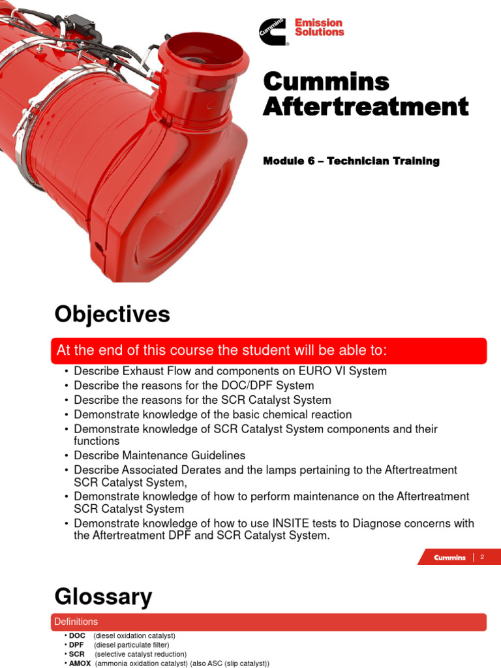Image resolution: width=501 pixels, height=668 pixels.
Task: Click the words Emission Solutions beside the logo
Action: click(x=319, y=27)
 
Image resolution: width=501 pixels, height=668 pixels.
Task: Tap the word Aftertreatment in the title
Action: click(x=365, y=106)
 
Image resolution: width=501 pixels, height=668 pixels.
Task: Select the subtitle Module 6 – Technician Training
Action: click(x=351, y=161)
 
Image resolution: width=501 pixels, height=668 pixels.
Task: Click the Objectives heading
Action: click(x=112, y=315)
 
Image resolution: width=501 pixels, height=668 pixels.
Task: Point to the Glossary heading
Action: click(x=103, y=596)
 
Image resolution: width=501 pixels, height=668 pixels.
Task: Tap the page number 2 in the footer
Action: click(x=481, y=557)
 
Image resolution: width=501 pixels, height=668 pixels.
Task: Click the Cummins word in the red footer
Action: click(x=449, y=558)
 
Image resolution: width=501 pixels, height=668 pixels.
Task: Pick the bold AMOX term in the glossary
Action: click(x=80, y=663)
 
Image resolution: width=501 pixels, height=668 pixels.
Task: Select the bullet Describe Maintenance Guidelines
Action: click(x=159, y=455)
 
